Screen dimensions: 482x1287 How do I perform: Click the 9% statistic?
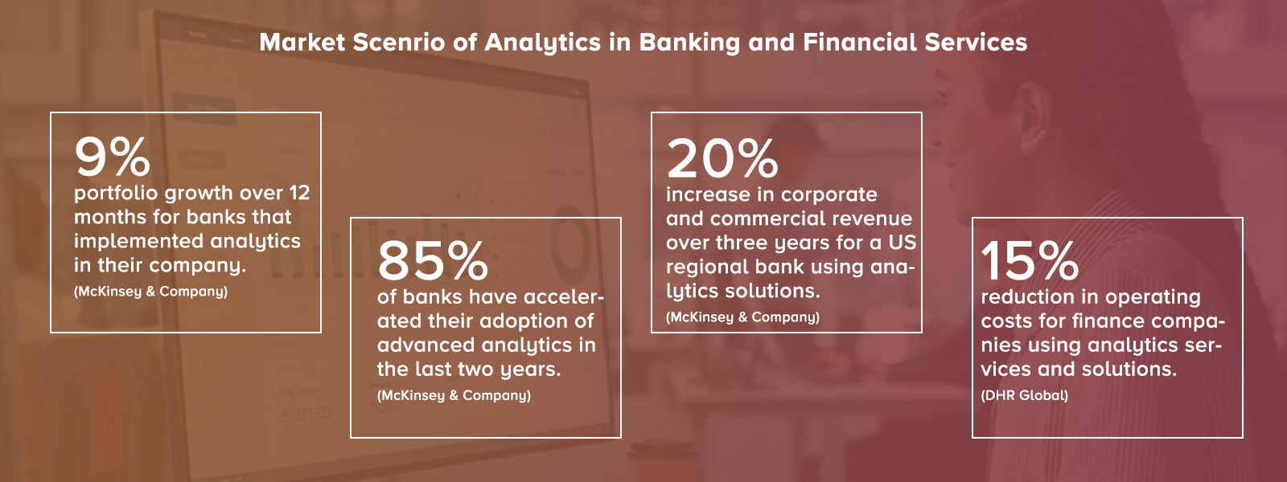coord(112,157)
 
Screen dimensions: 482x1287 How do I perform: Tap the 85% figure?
coord(433,260)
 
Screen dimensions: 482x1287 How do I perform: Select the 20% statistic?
coord(722,159)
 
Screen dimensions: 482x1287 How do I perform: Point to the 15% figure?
coord(1030,260)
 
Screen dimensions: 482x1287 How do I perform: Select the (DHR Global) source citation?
coord(1024,395)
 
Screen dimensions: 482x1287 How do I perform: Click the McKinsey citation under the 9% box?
coord(150,292)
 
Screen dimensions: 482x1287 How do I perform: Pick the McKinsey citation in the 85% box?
coord(454,395)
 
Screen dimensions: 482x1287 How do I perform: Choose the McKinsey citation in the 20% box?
coord(742,317)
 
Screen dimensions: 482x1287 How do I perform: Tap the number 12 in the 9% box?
coord(299,193)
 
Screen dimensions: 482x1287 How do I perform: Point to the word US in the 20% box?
coord(902,243)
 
